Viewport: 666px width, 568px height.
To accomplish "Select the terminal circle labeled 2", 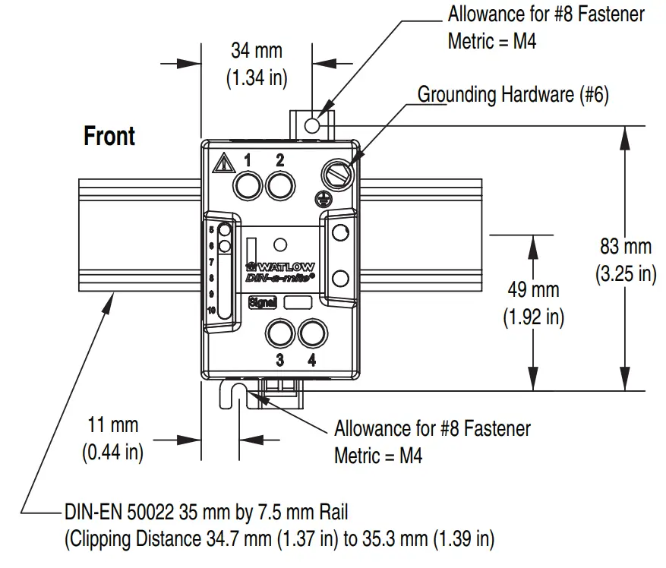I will click(x=279, y=185).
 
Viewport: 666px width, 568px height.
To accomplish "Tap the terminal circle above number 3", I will click(x=279, y=333).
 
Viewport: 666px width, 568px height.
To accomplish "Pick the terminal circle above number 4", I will click(x=311, y=333).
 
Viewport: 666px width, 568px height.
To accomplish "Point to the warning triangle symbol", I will click(x=223, y=163).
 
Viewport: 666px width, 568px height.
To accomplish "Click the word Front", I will click(x=109, y=137).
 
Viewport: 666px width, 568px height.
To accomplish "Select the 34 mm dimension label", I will click(x=256, y=51).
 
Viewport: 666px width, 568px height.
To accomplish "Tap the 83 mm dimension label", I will click(x=625, y=247).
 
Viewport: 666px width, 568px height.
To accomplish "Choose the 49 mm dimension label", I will click(x=533, y=289).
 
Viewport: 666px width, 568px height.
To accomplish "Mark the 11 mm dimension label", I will click(x=112, y=425).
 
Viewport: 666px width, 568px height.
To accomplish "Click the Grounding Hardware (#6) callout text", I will click(x=513, y=95).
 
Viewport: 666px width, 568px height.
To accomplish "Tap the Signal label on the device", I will click(x=262, y=302).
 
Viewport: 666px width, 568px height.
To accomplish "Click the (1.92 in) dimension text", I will click(x=533, y=317).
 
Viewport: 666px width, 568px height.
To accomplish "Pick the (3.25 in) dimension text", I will click(x=625, y=273).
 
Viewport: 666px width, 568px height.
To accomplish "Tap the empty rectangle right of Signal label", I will click(x=297, y=302).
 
